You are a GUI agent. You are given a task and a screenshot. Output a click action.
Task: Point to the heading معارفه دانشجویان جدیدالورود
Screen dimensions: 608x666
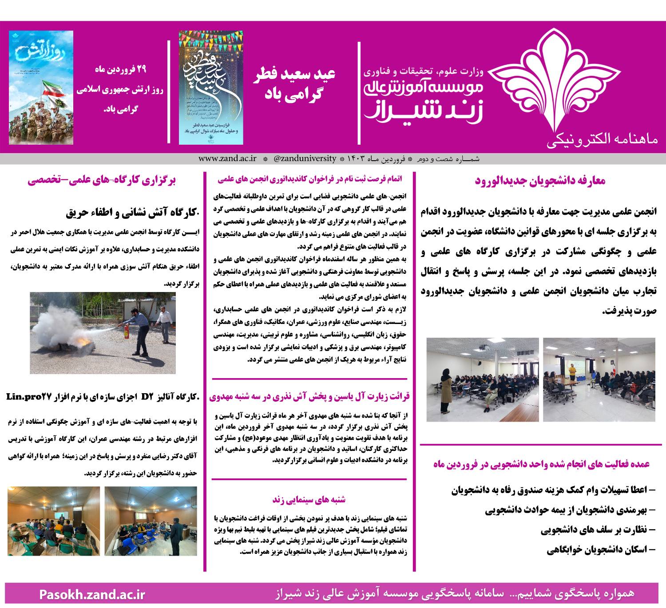tap(540, 181)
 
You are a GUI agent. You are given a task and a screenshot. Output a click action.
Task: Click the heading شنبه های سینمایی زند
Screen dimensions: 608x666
tap(309, 500)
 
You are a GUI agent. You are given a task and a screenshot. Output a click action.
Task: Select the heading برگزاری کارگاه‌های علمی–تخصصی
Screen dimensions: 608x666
tap(102, 181)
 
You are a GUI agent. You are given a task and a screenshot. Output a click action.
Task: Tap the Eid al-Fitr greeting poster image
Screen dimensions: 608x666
tap(211, 87)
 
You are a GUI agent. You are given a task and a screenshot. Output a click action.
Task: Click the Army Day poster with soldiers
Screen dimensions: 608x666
tap(41, 87)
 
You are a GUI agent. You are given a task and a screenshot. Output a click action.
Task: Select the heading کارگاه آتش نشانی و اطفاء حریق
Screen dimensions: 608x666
tap(133, 213)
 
